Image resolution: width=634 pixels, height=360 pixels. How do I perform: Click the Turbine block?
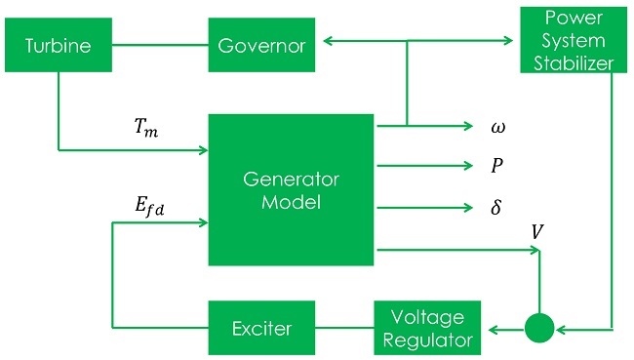tap(58, 46)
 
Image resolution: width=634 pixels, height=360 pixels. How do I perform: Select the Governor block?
tap(261, 46)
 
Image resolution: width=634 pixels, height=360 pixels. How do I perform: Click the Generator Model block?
tap(292, 189)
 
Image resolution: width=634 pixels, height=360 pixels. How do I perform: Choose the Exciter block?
tap(261, 328)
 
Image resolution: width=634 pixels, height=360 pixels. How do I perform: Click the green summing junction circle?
tap(538, 328)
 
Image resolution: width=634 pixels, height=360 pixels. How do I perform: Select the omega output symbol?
tap(497, 127)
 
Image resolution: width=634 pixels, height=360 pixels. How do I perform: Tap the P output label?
tap(497, 167)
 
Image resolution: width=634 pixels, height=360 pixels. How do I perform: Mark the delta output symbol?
tap(496, 207)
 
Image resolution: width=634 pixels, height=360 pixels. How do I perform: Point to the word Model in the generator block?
tap(292, 201)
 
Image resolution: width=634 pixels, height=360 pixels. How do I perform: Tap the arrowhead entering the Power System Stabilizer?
tap(508, 40)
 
